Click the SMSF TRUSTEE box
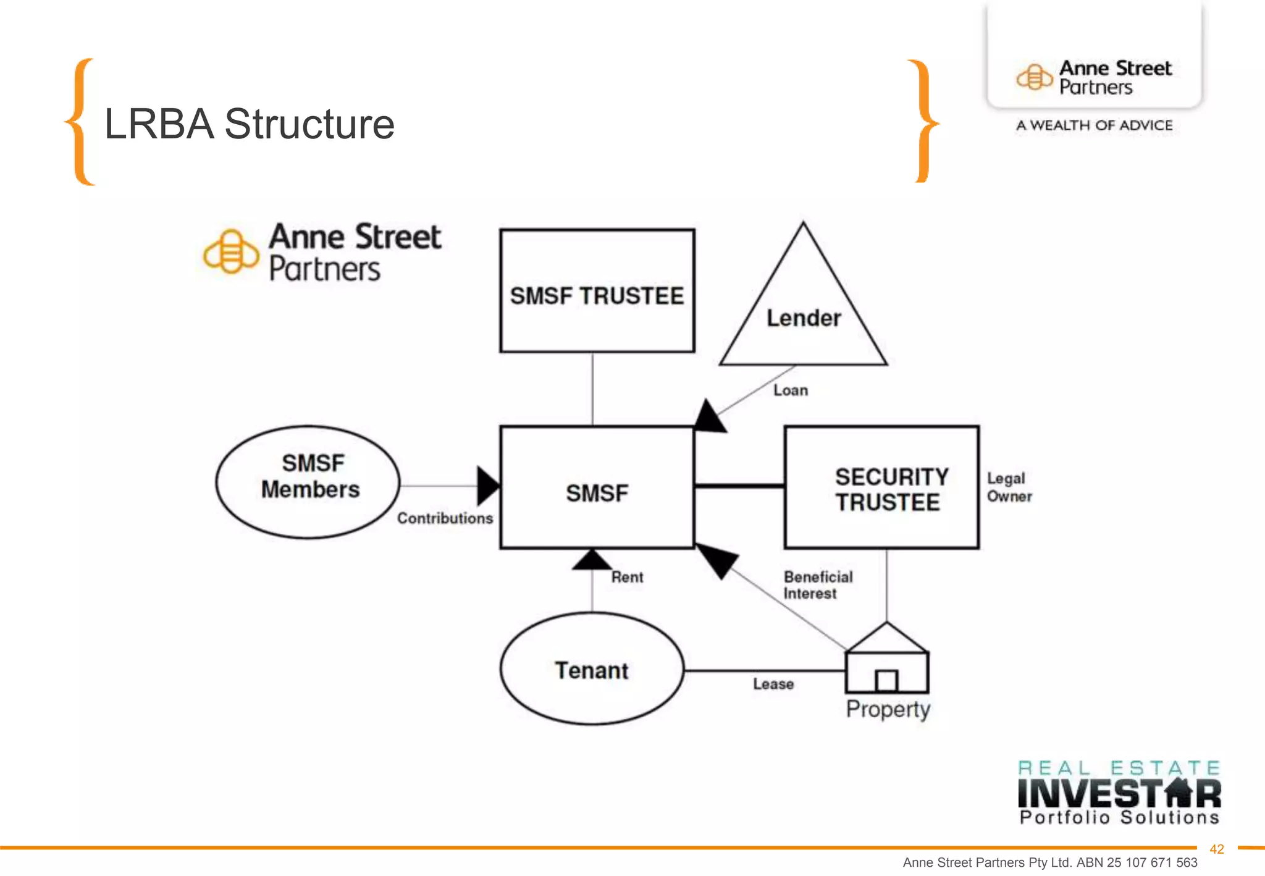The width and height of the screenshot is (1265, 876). click(597, 291)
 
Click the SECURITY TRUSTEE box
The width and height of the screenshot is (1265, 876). click(881, 487)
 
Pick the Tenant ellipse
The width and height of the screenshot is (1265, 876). click(592, 669)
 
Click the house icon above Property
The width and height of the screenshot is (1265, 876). click(887, 660)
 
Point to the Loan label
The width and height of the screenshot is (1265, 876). click(790, 390)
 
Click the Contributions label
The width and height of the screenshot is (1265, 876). click(445, 518)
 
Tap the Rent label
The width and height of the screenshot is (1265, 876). click(627, 577)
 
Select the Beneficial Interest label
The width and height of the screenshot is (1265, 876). click(817, 584)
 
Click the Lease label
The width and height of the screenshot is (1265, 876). click(773, 684)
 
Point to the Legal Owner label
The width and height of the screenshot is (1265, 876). click(1009, 487)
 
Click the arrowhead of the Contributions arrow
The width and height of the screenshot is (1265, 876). click(488, 486)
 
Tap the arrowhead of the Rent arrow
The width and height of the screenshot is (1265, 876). click(592, 560)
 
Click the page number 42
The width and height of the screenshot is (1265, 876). click(1216, 849)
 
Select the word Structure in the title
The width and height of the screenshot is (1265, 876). click(309, 124)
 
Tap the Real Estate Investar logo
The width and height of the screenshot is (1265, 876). click(1119, 793)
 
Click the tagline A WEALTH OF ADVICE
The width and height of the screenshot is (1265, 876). click(1094, 125)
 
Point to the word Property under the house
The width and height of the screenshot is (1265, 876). click(888, 709)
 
